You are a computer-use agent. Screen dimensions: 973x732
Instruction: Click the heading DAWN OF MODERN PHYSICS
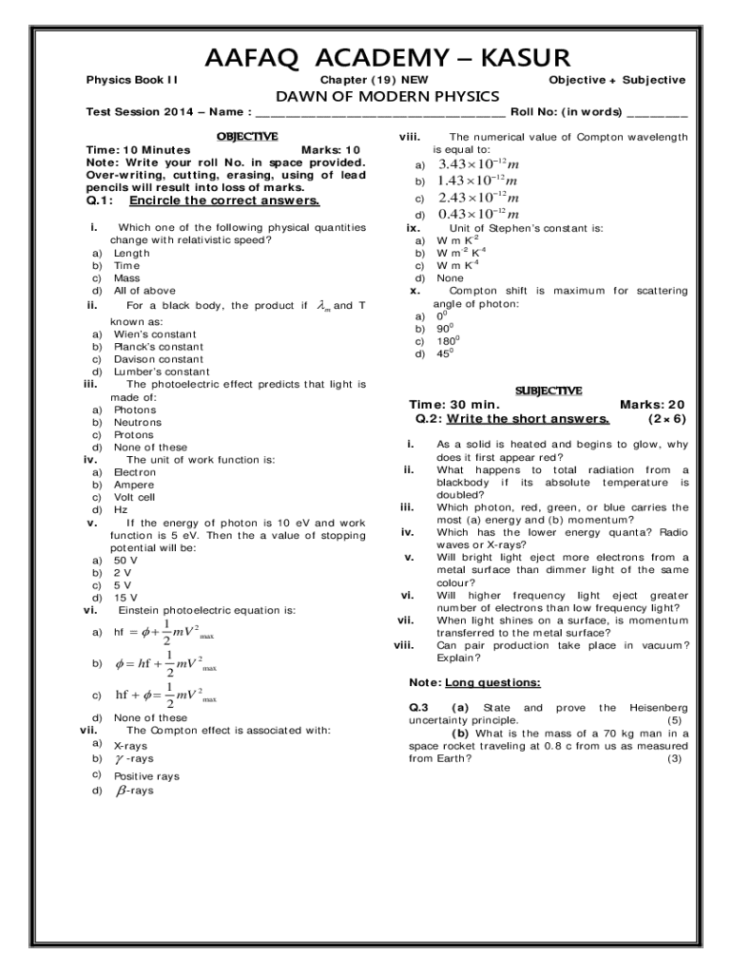387,97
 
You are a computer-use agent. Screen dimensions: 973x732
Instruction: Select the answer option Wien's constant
155,334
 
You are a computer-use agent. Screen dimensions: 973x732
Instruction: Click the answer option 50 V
125,561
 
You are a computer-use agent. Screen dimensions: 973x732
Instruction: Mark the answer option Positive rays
146,776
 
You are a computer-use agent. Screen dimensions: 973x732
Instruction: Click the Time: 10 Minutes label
138,150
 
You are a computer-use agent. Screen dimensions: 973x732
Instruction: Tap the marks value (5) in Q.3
674,720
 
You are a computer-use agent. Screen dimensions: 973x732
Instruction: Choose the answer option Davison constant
159,359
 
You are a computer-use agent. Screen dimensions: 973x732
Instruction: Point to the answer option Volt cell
134,497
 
